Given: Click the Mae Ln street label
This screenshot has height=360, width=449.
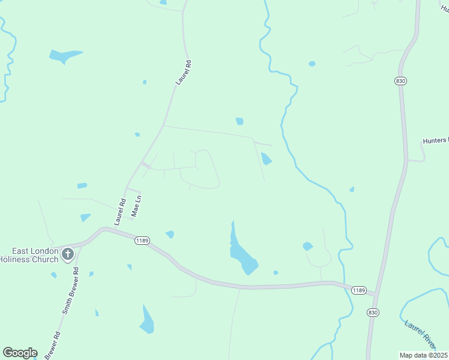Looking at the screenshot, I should click(137, 205).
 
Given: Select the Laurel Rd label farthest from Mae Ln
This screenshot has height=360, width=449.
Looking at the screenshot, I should click(183, 72).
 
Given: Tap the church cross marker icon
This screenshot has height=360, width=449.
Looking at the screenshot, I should click(68, 254).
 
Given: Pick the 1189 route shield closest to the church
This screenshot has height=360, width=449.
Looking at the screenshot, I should click(142, 240).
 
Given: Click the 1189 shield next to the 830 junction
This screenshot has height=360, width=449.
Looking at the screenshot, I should click(358, 290).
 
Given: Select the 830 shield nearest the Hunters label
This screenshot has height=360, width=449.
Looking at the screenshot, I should click(401, 80).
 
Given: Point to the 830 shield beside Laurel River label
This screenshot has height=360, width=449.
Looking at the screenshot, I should click(373, 312).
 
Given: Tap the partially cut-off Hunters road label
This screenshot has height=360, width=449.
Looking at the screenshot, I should click(435, 140).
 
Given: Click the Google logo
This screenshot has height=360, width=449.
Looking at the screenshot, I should click(20, 353).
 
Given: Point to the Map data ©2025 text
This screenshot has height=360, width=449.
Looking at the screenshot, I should click(424, 355).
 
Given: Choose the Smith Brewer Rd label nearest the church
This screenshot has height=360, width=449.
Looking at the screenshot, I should click(71, 291).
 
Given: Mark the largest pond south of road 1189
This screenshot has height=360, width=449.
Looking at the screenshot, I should click(146, 321).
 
